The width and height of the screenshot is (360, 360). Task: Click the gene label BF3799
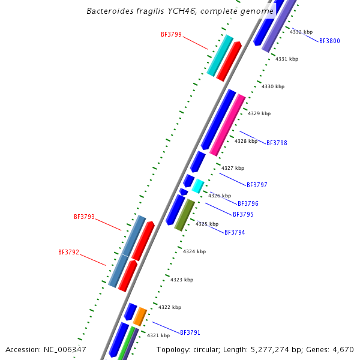click(171, 35)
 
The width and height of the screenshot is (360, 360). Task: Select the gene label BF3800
click(329, 41)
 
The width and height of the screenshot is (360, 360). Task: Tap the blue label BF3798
click(277, 143)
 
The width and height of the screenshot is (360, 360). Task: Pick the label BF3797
click(257, 185)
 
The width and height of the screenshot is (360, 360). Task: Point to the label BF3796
click(248, 204)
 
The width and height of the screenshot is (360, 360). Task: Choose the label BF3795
click(243, 214)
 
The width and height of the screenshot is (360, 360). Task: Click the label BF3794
click(235, 232)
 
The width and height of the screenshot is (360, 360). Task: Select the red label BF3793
click(84, 217)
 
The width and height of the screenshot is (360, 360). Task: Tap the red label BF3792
click(68, 253)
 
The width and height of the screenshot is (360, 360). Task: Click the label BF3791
click(190, 332)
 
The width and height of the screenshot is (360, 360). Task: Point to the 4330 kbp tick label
click(273, 87)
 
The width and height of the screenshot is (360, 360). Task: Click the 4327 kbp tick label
click(233, 169)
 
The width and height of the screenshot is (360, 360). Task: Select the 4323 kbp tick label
click(182, 280)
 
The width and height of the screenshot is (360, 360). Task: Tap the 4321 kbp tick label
click(158, 336)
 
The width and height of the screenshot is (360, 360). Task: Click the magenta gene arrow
click(227, 125)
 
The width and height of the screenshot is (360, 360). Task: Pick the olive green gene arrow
click(184, 215)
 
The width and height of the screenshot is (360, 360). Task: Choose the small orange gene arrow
click(140, 316)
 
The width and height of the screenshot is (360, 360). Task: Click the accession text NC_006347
click(66, 349)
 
